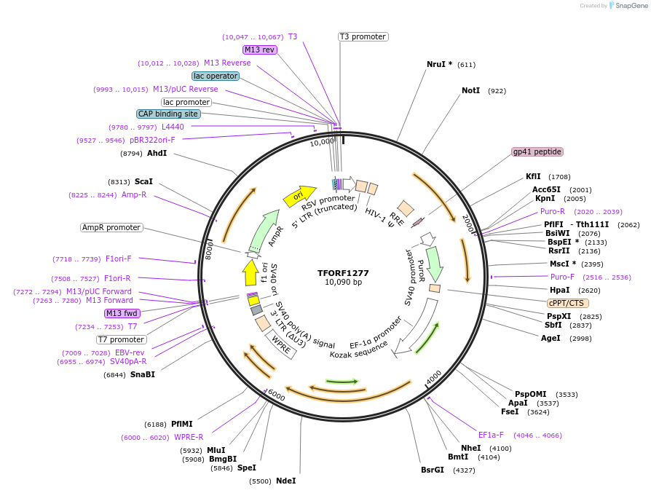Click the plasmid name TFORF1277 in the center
(343, 273)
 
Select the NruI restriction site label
(439, 64)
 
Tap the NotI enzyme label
(471, 91)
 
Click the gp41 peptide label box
(537, 151)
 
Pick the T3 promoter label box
(363, 36)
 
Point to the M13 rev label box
(260, 50)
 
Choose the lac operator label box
(216, 76)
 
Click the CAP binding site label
(167, 114)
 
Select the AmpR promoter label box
(111, 227)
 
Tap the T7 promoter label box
(121, 339)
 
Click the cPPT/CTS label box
(568, 303)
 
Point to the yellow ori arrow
(299, 196)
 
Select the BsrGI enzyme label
(432, 470)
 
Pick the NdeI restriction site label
(286, 481)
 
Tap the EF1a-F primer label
(491, 435)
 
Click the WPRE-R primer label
(189, 437)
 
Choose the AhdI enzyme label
(157, 154)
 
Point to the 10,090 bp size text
(343, 282)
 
